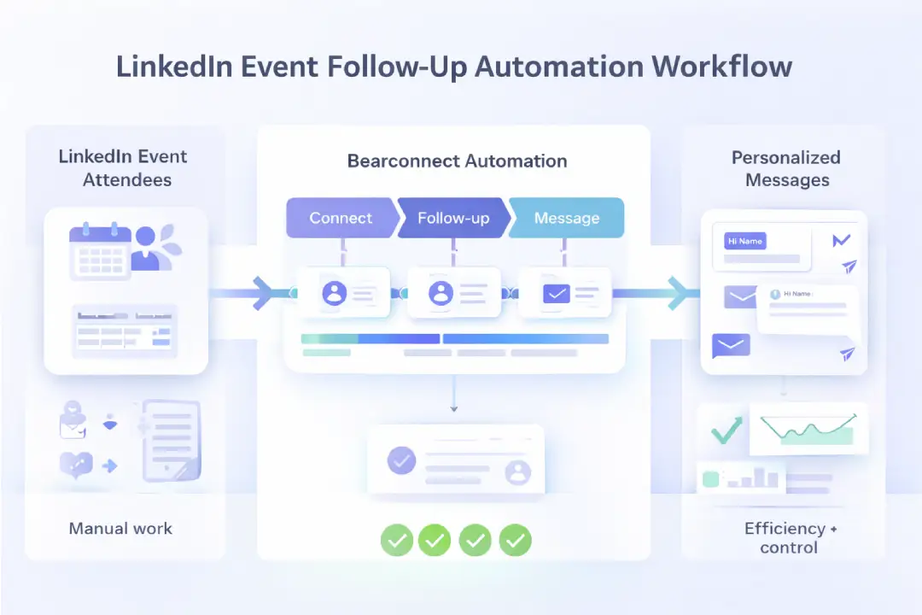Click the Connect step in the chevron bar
pyautogui.click(x=341, y=218)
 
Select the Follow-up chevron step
pyautogui.click(x=453, y=218)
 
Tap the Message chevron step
pyautogui.click(x=567, y=218)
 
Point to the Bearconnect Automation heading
pyautogui.click(x=457, y=161)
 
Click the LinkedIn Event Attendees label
pyautogui.click(x=124, y=168)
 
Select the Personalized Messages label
pyautogui.click(x=785, y=168)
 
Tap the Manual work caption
pyautogui.click(x=120, y=528)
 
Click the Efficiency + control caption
pyautogui.click(x=790, y=537)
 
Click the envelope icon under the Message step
pyautogui.click(x=557, y=294)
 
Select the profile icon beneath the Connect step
pyautogui.click(x=334, y=294)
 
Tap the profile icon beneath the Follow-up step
pyautogui.click(x=441, y=294)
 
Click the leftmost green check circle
pyautogui.click(x=397, y=539)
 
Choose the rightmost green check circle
pyautogui.click(x=516, y=539)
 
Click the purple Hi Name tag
pyautogui.click(x=744, y=242)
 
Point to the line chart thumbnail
pyautogui.click(x=808, y=429)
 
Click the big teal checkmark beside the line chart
pyautogui.click(x=726, y=430)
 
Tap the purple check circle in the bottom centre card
pyautogui.click(x=401, y=460)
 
